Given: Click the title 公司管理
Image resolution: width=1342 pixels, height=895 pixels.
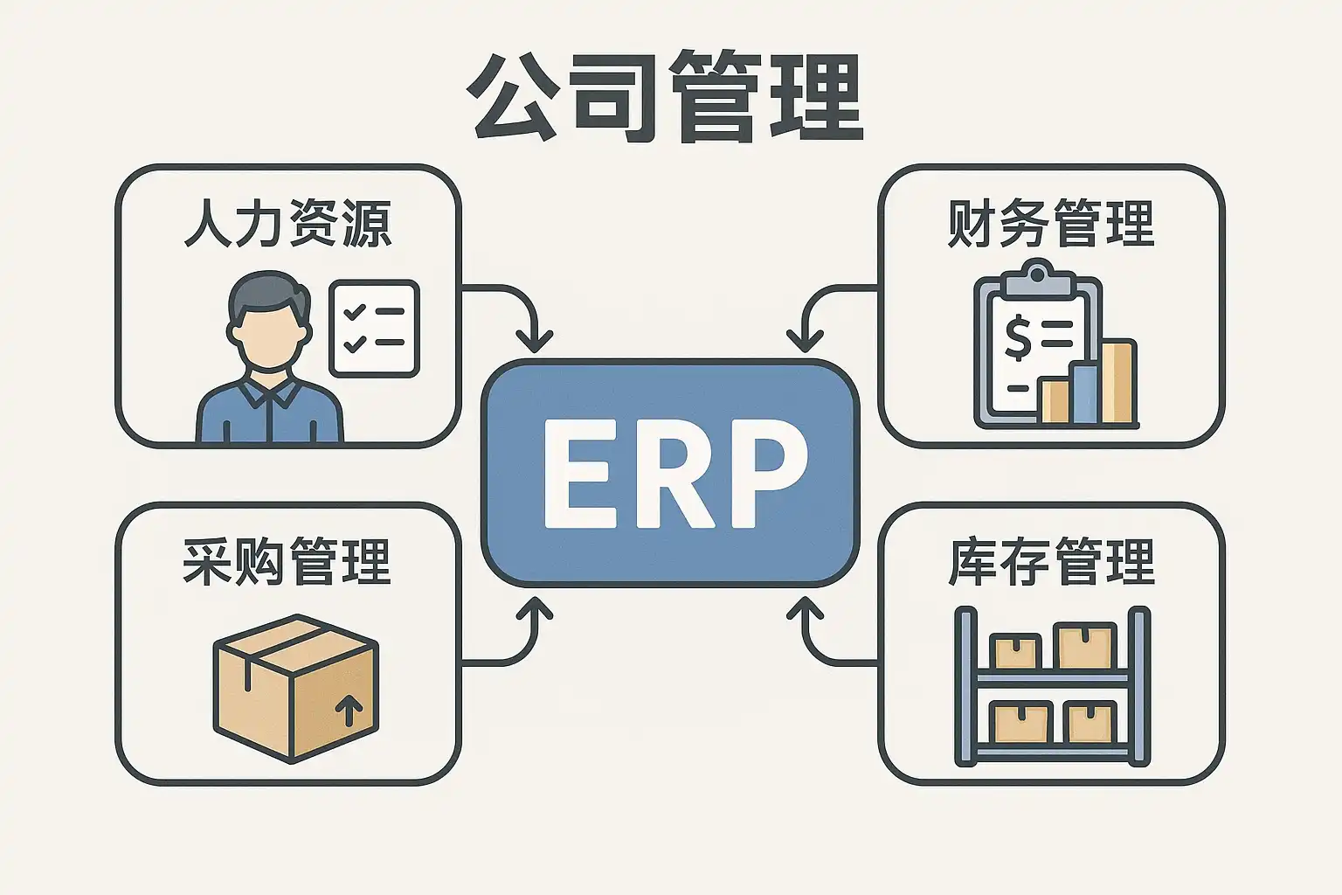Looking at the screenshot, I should tap(666, 98).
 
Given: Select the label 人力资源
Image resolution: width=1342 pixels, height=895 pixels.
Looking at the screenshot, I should tap(287, 224).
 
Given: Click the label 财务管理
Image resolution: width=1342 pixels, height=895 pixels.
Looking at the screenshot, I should tap(1051, 224).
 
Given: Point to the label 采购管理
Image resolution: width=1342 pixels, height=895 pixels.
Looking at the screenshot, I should tap(287, 561).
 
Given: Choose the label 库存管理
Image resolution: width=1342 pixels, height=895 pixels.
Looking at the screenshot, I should tap(1051, 561).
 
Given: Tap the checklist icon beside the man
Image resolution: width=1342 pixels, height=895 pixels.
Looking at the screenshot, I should tap(374, 329).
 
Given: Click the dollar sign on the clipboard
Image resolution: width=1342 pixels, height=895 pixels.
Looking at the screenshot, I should tap(1018, 338).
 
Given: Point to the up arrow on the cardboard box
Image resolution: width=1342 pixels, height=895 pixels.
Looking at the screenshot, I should tap(349, 710).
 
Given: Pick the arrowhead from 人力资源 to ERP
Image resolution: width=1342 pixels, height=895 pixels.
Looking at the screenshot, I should tap(535, 341).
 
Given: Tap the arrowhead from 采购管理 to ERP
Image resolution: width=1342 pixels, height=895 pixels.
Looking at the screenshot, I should tap(535, 608).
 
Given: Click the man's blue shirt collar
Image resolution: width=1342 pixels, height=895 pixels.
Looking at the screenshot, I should tap(269, 394).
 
